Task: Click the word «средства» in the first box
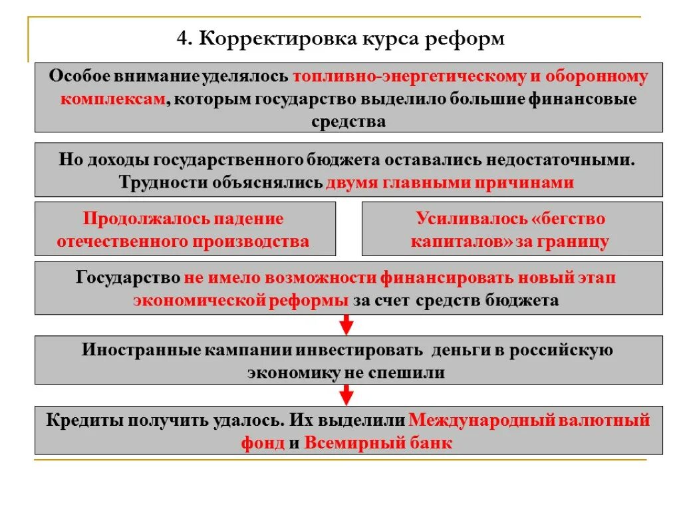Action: [348, 121]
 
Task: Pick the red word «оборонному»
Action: [596, 76]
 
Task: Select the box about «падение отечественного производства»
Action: [185, 229]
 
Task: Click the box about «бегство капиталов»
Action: [511, 229]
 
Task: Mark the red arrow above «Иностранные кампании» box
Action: [346, 325]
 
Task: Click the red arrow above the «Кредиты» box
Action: [346, 395]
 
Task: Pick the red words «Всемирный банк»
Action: [378, 443]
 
